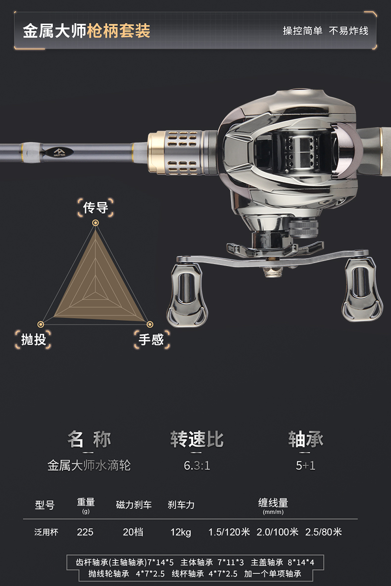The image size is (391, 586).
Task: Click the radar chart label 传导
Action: pos(96,207)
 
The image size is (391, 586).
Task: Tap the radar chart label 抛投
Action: pos(34,339)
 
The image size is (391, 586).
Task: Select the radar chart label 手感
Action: pos(151,339)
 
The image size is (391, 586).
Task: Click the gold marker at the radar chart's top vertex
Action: pos(96,223)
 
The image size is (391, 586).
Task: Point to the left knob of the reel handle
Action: pos(187,294)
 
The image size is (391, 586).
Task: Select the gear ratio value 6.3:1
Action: pos(197,466)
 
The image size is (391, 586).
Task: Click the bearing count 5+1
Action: pos(305,466)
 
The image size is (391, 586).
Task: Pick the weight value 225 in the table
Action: pos(85,532)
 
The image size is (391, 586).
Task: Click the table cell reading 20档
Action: pos(133,532)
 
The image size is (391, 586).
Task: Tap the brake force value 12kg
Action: pos(181,532)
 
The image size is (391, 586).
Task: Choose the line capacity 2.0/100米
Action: pos(278,532)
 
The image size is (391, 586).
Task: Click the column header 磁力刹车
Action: pos(134,505)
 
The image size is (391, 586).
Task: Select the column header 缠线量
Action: pos(273,503)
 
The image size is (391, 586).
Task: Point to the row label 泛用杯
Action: pos(46,532)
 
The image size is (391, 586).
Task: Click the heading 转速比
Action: pos(197,439)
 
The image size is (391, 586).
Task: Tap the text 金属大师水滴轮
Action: pos(89,466)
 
